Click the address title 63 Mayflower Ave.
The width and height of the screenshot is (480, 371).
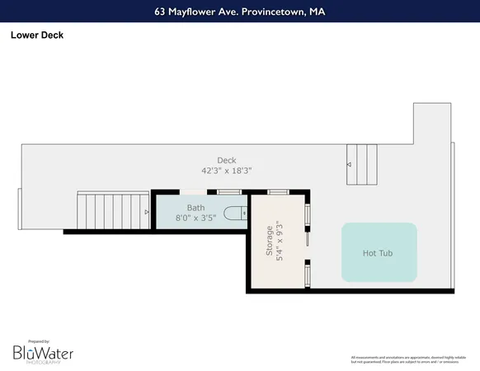click(239, 12)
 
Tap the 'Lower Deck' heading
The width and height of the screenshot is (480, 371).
click(36, 35)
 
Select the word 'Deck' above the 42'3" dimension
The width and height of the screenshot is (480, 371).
click(226, 160)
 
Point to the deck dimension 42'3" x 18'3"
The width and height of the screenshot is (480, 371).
click(226, 171)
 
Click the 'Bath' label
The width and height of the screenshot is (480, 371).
click(195, 208)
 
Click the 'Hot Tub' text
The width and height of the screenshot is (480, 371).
click(379, 253)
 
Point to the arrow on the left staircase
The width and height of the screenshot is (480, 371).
click(147, 212)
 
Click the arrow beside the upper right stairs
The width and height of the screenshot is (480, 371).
click(349, 165)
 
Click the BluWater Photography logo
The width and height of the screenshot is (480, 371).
click(42, 353)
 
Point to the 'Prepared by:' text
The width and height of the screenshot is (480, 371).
click(38, 340)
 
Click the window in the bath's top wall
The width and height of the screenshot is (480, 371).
click(228, 192)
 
